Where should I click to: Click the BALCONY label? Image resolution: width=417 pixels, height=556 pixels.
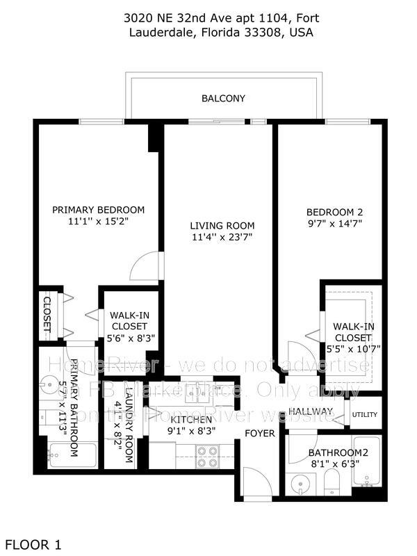coord(223,99)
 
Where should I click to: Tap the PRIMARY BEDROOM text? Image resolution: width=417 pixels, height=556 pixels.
coord(99,210)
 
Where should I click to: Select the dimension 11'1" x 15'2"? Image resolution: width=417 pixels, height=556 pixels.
coord(99,222)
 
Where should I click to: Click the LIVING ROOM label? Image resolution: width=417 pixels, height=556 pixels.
coord(222,225)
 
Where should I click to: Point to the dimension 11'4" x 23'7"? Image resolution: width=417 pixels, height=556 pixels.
coord(222,237)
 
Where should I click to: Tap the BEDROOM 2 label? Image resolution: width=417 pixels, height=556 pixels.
coord(335,212)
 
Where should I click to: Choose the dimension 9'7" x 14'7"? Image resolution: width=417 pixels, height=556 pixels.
coord(335,224)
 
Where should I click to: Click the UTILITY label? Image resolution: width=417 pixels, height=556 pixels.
coord(365,414)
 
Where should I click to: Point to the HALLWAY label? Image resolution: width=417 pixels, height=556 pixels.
coord(310,411)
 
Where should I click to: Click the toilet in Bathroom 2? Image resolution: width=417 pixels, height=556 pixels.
coord(332,480)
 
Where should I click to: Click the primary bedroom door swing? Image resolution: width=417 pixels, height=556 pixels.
coord(147,268)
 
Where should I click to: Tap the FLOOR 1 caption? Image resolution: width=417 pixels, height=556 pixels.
coord(33,544)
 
